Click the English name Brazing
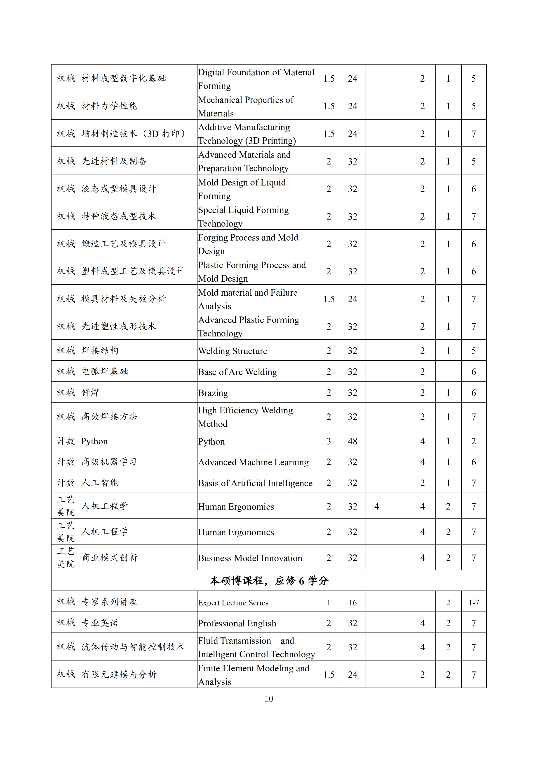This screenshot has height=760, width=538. coord(213,393)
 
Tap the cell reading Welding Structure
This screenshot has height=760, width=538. coord(233,351)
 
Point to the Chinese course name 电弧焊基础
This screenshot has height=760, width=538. coord(105,372)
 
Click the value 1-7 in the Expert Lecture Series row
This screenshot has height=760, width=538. coord(474,602)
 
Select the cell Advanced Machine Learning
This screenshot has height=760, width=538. coord(254,462)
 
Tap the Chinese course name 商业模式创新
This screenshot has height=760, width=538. coord(109,558)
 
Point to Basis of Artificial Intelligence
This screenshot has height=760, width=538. coord(255,483)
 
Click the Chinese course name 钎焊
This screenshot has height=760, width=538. coord(91,393)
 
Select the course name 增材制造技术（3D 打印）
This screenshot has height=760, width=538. coord(133,134)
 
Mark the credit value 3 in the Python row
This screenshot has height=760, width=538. coord(329,441)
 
